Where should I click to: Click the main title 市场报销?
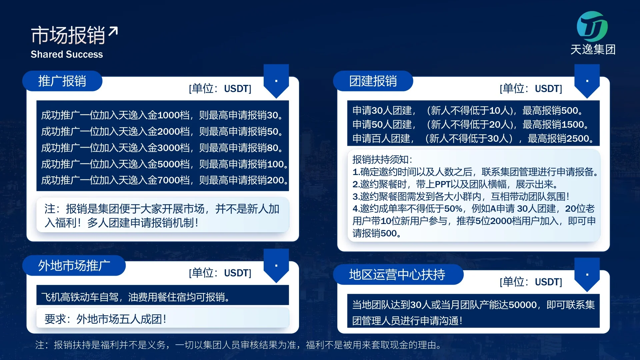tap(68, 35)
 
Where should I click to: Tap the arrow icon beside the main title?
tap(113, 32)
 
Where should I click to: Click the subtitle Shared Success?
tap(67, 54)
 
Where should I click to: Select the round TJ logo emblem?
tap(592, 27)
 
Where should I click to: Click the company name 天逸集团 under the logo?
tap(593, 50)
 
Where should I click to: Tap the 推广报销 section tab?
tap(62, 81)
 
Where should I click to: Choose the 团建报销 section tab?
tap(373, 81)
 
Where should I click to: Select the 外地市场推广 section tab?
tap(74, 266)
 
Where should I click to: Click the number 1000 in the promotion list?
tap(169, 115)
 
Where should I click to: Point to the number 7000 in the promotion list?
tap(169, 180)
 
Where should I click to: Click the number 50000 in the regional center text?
tap(523, 305)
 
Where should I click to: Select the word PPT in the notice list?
tap(443, 184)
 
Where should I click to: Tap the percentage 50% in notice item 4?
tap(453, 209)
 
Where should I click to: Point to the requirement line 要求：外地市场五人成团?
tap(105, 319)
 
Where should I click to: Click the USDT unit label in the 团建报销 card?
tap(548, 89)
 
